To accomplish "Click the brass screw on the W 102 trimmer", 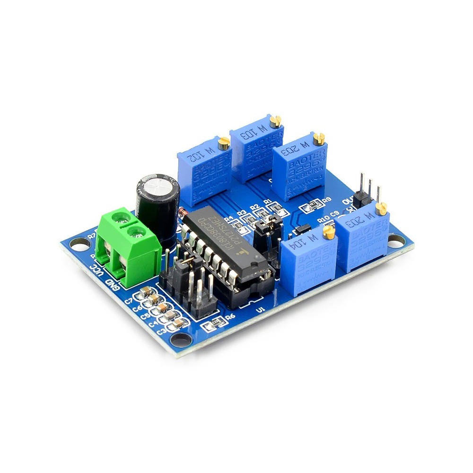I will point(223,140).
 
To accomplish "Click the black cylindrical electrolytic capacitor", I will point(158,203).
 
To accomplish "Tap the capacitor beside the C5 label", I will point(162,307).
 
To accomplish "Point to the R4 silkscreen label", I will point(230,219).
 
